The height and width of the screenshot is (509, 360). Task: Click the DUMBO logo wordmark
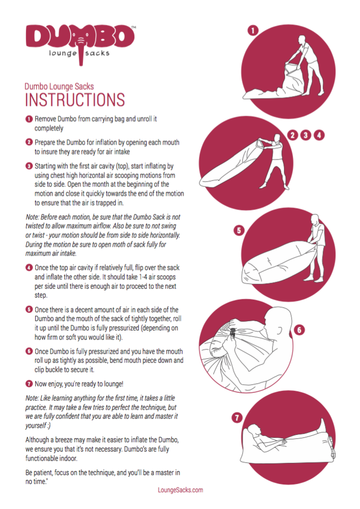point(80,37)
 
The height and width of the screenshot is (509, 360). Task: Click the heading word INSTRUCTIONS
point(75,99)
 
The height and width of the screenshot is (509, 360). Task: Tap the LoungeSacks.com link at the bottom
point(180,490)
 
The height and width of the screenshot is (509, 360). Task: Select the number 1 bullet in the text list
point(29,119)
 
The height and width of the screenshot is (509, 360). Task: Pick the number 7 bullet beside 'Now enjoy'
point(29,384)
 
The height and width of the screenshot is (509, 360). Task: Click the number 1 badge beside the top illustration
point(253,30)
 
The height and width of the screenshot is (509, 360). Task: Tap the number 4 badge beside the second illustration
point(319,135)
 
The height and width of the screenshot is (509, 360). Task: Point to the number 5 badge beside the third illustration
point(239,231)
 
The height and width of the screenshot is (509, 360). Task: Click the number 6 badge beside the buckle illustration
point(299,330)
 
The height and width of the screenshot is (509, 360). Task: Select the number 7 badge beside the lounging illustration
point(237,418)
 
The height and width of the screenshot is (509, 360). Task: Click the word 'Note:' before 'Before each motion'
point(32,217)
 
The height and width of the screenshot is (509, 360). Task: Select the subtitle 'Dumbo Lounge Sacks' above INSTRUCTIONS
point(59,86)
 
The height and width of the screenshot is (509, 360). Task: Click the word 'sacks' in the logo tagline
point(97,53)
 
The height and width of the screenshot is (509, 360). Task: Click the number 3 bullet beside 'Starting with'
point(29,166)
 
